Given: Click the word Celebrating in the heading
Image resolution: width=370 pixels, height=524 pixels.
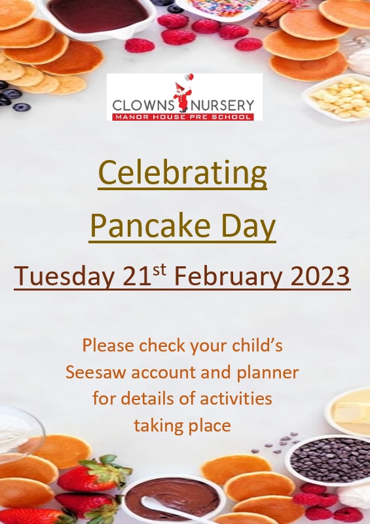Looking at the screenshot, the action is tap(183, 173).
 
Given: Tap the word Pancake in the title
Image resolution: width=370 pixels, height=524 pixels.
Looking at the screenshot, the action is tap(150, 226).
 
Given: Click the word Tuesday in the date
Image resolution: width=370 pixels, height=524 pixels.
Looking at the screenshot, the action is tap(64, 276).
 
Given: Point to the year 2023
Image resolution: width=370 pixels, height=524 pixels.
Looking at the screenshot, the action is tap(320, 276).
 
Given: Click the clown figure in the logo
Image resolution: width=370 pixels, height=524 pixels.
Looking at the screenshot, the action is tap(183, 95).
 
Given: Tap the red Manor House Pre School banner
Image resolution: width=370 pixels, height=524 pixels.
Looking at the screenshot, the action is tap(183, 117).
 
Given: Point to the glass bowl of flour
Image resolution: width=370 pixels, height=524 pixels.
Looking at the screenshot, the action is tap(18, 434).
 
